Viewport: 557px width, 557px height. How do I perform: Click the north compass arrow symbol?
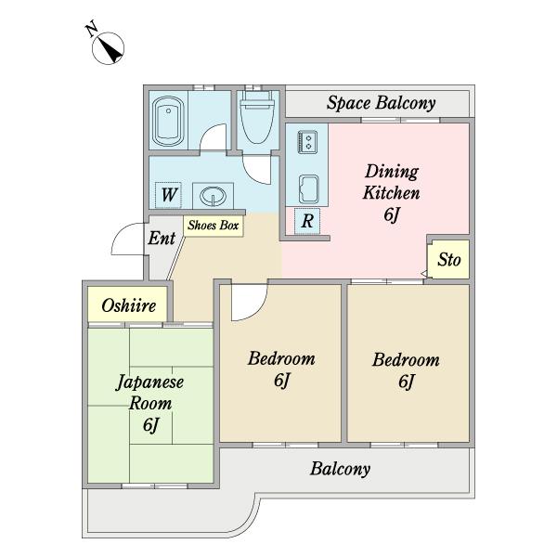[x=108, y=48]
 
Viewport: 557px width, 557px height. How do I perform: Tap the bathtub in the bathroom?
[x=168, y=122]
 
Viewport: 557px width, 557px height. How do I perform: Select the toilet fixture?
[x=257, y=118]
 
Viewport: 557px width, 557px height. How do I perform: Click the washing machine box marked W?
[x=168, y=195]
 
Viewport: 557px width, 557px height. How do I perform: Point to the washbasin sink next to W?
[x=213, y=196]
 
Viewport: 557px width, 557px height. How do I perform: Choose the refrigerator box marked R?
[x=307, y=221]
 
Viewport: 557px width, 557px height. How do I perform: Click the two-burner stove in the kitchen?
[x=307, y=142]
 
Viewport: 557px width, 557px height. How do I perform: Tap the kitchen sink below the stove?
[x=308, y=189]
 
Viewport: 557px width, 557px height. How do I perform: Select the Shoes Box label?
[x=214, y=226]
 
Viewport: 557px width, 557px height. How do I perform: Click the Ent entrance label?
[x=162, y=238]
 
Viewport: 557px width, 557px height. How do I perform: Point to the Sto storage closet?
[x=448, y=259]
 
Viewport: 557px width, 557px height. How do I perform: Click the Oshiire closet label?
[x=129, y=305]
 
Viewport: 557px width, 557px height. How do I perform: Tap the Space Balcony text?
[x=381, y=103]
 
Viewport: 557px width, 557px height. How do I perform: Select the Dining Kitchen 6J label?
[x=392, y=193]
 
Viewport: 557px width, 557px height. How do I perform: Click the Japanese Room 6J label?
[x=150, y=404]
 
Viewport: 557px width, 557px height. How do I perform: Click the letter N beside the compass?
[x=92, y=30]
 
